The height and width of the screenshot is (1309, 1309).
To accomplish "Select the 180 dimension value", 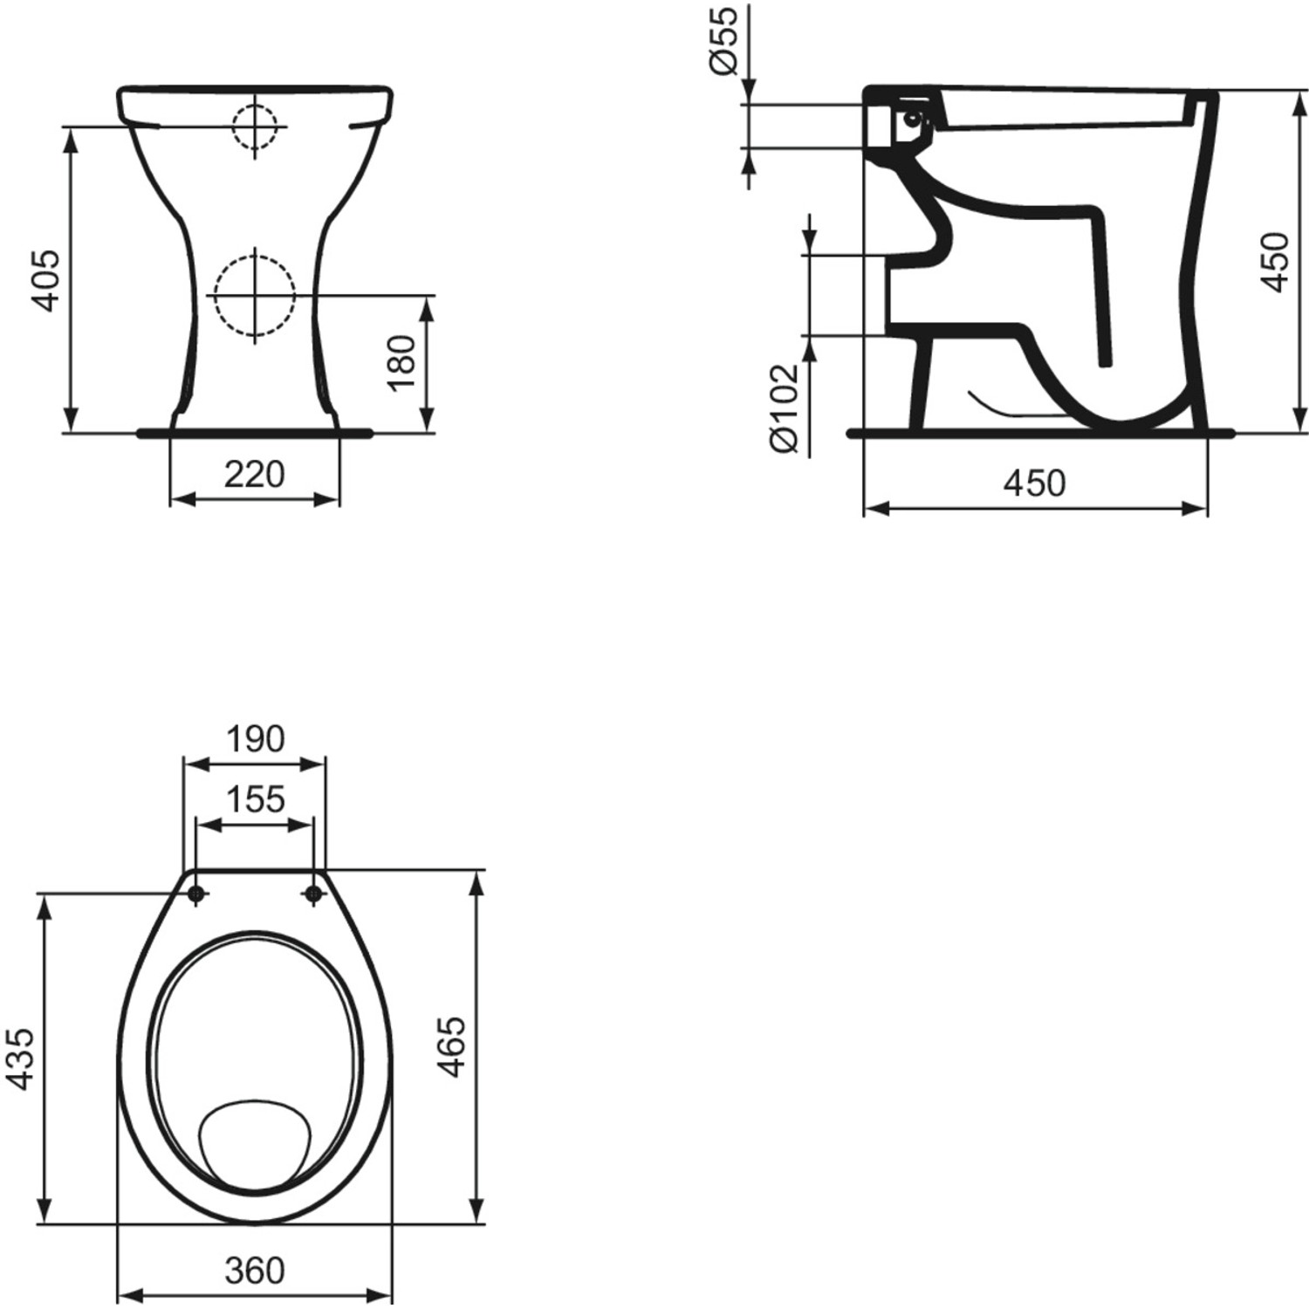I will click(402, 363).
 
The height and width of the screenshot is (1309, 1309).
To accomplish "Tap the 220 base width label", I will click(255, 475).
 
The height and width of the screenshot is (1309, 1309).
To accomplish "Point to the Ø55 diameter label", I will click(725, 39).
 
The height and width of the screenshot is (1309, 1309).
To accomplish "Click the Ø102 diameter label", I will click(785, 408).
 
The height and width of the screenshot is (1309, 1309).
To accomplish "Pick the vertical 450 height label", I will click(1276, 262).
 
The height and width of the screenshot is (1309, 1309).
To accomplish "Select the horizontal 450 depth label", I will click(1035, 483).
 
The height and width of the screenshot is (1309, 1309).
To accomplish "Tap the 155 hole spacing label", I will click(255, 798).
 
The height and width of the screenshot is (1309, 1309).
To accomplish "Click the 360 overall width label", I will click(255, 1271).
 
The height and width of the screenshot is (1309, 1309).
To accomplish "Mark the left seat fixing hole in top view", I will click(195, 894).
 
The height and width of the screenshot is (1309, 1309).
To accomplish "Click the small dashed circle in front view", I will click(255, 127).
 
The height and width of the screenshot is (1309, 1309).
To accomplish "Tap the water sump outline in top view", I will click(255, 1143).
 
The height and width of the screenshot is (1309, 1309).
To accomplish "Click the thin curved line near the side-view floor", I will click(1004, 407).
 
